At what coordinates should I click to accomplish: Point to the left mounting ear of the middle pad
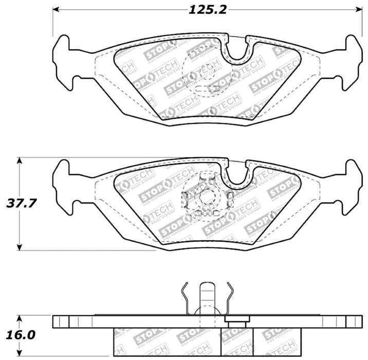point(65,185)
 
